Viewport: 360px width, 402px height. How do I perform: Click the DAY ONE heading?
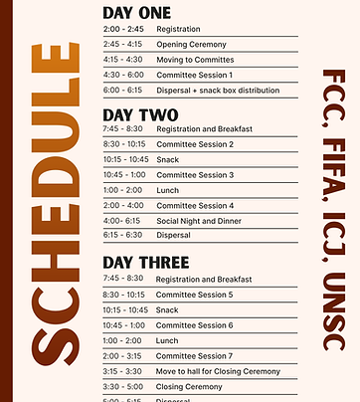coord(137,13)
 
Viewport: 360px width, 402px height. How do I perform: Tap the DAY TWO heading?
coord(140,114)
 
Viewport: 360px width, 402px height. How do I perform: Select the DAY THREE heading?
coord(146,263)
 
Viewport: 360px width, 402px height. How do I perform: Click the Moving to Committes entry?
coord(195,60)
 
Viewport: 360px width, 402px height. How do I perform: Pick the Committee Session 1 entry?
coord(194,75)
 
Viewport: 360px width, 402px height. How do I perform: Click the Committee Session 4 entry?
coord(194,205)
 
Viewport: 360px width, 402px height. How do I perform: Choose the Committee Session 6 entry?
coord(194,325)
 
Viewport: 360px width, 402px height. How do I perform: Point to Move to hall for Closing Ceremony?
coord(218,370)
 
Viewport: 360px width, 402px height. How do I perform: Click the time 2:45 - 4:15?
coord(122,44)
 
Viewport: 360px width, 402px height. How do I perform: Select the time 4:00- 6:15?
coord(120,220)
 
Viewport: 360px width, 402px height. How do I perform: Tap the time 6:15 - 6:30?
coord(121,235)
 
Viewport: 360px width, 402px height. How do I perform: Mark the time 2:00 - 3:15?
coord(121,355)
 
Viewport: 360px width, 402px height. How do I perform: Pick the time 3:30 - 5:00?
coord(121,386)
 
